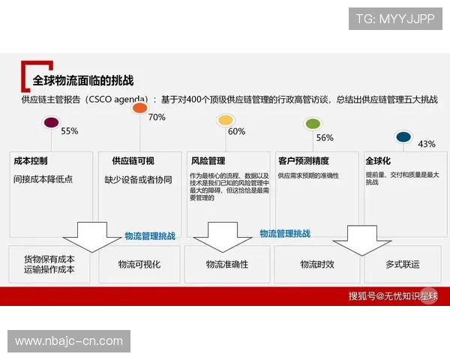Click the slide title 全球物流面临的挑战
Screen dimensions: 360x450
[x=83, y=79]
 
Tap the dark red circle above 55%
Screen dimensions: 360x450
[x=52, y=122]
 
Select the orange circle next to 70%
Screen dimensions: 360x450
[x=139, y=108]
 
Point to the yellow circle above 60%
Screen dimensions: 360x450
[x=224, y=120]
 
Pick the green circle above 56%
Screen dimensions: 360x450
[x=312, y=123]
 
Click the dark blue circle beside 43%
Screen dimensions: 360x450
[x=403, y=136]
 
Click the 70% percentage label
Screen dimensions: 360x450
[x=157, y=118]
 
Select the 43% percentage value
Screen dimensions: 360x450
[x=426, y=144]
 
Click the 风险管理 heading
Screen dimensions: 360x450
[x=208, y=161]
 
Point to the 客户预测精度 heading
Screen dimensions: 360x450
[x=303, y=161]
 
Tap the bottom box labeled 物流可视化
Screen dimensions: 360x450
[x=139, y=265]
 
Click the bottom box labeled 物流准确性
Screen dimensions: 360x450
[x=226, y=265]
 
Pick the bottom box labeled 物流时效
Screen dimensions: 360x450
[x=317, y=265]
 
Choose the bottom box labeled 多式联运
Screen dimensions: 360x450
[x=403, y=265]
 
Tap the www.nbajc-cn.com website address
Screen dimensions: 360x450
[x=69, y=341]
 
